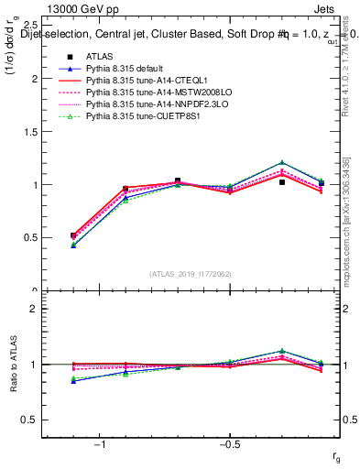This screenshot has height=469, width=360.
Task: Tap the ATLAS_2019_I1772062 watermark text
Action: (191, 273)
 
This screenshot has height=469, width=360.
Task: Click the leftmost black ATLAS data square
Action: (73, 235)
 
